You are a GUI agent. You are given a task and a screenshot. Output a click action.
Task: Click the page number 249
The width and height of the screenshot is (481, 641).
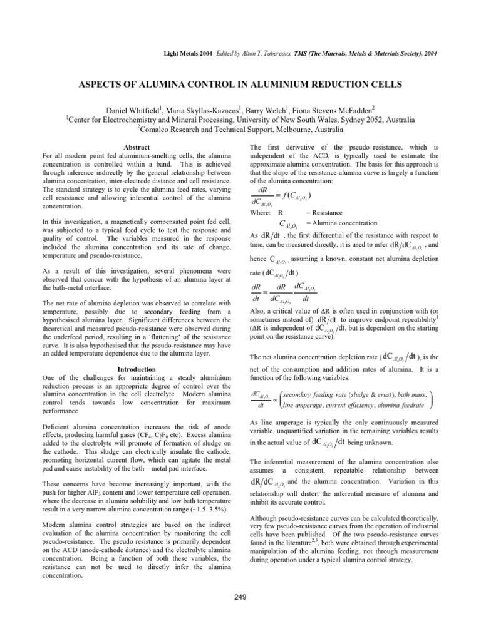pos(240,596)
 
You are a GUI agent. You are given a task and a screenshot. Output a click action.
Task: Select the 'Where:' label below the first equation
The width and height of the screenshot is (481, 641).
pos(262,213)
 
